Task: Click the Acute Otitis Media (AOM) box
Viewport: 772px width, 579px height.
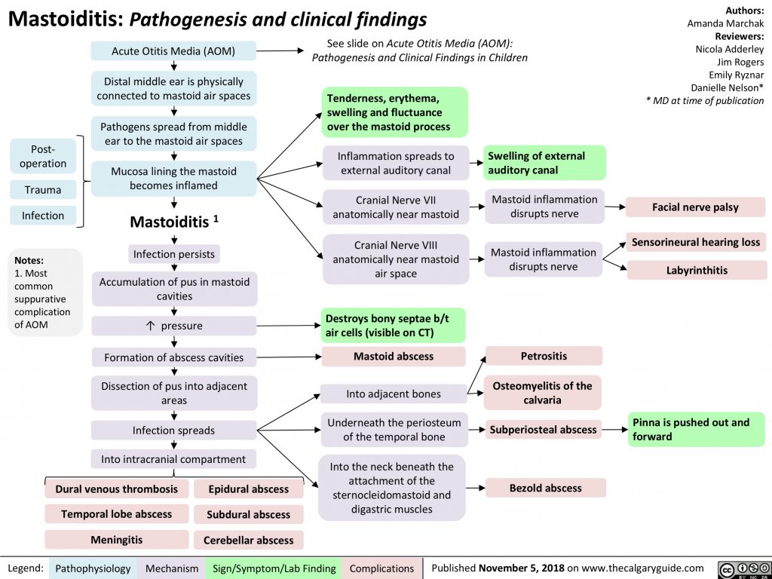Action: (x=173, y=51)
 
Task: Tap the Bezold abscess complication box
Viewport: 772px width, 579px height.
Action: (x=545, y=488)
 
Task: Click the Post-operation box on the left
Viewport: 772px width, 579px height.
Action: (x=43, y=156)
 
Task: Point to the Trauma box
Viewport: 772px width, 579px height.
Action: (x=43, y=190)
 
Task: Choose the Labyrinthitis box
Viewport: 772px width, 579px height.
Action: (x=697, y=269)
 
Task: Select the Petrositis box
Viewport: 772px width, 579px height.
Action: (x=544, y=355)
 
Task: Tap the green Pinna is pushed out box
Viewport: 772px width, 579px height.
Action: (x=697, y=429)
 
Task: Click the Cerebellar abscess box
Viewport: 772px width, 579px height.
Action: (x=249, y=540)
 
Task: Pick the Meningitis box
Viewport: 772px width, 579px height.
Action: (x=117, y=540)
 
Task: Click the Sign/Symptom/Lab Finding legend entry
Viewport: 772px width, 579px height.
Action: (x=274, y=568)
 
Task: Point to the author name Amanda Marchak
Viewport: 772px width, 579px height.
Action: (x=725, y=24)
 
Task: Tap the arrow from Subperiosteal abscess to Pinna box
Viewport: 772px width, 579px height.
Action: (x=614, y=429)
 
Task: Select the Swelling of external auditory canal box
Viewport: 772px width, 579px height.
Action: (x=544, y=163)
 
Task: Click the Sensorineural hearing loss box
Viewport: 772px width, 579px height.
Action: (x=696, y=242)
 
